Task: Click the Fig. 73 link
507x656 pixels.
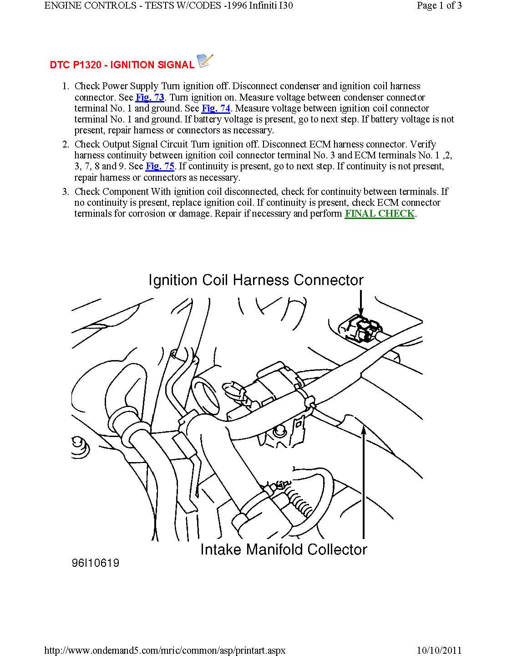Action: point(150,97)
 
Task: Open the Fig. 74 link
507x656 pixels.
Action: point(216,108)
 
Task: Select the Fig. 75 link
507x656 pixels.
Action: point(160,166)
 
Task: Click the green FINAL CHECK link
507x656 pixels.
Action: point(380,214)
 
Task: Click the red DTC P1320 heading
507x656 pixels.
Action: point(122,65)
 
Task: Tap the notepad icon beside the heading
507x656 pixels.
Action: point(205,61)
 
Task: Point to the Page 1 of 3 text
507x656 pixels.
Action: point(439,5)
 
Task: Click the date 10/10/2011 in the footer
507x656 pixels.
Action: point(439,650)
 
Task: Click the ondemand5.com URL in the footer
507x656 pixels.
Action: point(165,650)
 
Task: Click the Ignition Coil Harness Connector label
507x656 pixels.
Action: point(256,280)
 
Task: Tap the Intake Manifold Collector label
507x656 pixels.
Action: point(284,549)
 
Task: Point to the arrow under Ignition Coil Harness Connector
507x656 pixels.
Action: point(360,303)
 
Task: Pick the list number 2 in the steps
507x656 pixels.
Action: point(66,145)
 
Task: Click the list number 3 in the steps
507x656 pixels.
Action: point(66,192)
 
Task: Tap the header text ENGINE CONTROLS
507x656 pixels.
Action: point(90,5)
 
